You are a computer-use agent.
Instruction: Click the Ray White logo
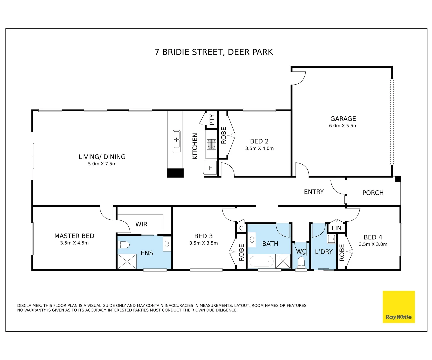[398, 307]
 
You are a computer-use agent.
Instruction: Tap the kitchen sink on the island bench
[176, 142]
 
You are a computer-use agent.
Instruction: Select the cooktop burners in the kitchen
[211, 144]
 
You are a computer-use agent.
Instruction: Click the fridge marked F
[210, 168]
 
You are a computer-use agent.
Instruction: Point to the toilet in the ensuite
[124, 245]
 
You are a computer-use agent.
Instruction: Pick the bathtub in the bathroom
[261, 261]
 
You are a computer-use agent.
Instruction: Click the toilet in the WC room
[301, 262]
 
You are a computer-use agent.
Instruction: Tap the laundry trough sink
[331, 239]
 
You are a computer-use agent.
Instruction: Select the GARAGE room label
[343, 119]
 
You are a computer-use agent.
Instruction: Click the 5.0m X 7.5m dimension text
[102, 164]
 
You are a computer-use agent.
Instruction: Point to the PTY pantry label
[212, 119]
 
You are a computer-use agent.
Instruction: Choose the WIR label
[141, 224]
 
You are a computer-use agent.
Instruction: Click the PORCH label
[373, 193]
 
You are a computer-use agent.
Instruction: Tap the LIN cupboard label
[336, 228]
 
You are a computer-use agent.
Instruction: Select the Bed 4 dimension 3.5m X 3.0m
[373, 244]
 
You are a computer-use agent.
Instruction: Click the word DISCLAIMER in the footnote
[29, 305]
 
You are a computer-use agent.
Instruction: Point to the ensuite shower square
[127, 262]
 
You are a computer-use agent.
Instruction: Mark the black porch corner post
[398, 179]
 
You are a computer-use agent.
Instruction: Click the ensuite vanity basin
[167, 244]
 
